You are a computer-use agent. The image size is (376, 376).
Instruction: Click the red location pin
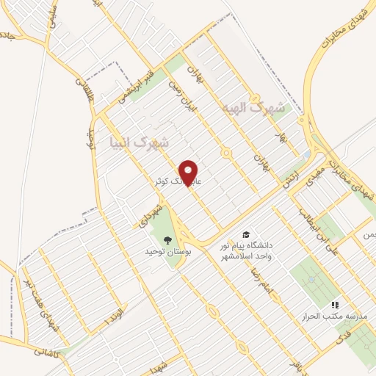click(x=189, y=173)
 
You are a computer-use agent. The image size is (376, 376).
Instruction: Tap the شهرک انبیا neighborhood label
click(x=139, y=140)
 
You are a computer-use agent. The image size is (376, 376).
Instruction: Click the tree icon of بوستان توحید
click(x=167, y=239)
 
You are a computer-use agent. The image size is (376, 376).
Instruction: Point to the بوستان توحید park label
click(x=167, y=251)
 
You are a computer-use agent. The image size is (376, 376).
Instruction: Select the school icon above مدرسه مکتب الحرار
click(x=335, y=304)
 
